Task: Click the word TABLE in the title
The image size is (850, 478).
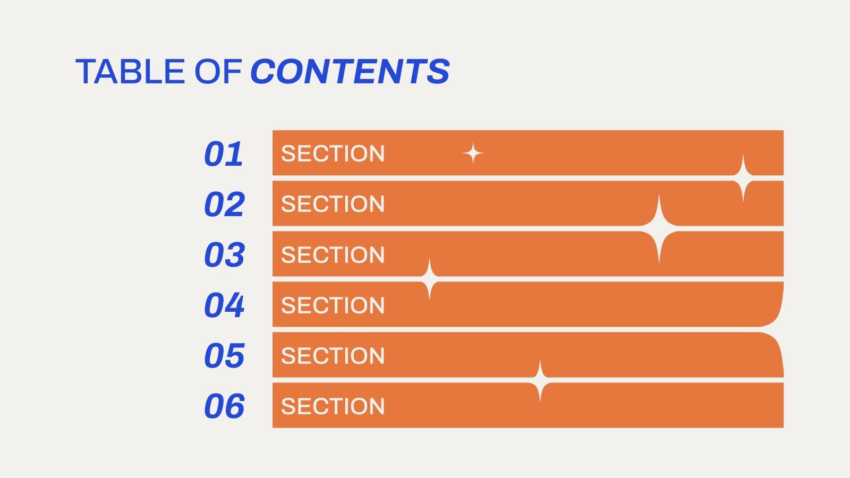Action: tap(130, 72)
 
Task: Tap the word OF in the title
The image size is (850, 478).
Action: tap(218, 72)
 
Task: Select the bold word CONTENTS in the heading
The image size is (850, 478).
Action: tap(350, 72)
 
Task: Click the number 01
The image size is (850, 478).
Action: tap(224, 154)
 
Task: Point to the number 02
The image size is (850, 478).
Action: tap(224, 204)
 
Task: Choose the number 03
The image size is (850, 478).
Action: tap(224, 255)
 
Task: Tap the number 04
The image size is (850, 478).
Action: tap(224, 305)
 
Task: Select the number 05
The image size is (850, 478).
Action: tap(224, 356)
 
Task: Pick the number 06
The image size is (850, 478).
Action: tap(224, 406)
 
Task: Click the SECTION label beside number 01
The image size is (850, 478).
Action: tap(333, 154)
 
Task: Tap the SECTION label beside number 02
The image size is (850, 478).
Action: tap(333, 204)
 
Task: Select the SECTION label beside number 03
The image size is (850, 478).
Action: tap(333, 255)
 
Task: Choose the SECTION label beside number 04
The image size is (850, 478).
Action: tap(333, 305)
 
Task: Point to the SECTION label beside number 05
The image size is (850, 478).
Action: tap(333, 356)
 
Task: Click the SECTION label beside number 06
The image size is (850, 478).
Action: tap(333, 406)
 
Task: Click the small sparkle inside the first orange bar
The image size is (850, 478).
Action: tap(473, 154)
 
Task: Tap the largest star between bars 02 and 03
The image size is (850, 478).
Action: tap(659, 229)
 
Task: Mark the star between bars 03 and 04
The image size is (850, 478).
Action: tap(429, 279)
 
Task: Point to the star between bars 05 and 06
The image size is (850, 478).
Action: tap(540, 380)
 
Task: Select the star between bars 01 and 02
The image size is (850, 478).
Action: tap(743, 178)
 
